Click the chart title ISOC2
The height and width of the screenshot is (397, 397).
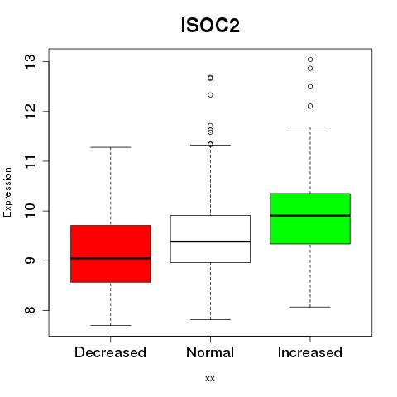coord(210,26)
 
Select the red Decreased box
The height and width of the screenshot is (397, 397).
coord(111,254)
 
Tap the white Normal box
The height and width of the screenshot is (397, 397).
coord(210,239)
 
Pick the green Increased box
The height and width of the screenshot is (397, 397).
coord(310,218)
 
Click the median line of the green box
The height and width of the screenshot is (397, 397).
coord(310,216)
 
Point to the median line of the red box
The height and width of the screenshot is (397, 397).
coord(111,258)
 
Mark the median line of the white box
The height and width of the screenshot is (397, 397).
coord(210,242)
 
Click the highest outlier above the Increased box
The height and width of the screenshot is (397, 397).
coord(310,60)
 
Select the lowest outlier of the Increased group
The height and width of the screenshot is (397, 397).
coord(310,106)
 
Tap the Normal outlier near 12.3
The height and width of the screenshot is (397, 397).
coord(210,95)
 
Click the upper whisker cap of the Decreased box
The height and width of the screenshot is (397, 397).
coord(111,147)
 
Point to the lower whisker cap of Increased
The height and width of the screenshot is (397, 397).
coord(310,307)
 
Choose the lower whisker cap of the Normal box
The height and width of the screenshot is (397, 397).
coord(210,319)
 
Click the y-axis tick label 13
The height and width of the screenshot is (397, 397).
coord(30,61)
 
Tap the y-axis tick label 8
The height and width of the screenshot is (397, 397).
coord(30,310)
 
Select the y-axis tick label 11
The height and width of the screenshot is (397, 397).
coord(30,161)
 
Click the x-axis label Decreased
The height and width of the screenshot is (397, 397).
coord(110,352)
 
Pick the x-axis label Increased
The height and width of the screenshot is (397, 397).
coord(310,352)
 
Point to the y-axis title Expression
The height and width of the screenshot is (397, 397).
coord(7,192)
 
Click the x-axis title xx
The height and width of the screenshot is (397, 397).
coord(210,379)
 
